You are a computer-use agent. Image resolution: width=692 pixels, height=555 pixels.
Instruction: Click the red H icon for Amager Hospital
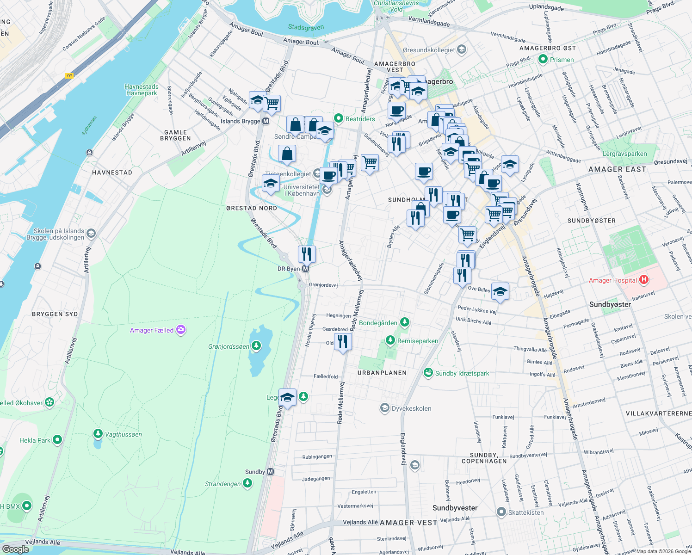(x=643, y=280)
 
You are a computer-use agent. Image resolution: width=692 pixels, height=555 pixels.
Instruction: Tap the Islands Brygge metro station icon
(x=266, y=121)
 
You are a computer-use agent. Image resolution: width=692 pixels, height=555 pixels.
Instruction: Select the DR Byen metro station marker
(x=305, y=269)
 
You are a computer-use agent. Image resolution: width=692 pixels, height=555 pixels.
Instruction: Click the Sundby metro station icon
(x=271, y=472)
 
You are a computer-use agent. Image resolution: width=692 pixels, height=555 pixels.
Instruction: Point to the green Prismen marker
(x=543, y=59)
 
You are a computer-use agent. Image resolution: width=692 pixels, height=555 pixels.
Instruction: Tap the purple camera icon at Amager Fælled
(x=181, y=330)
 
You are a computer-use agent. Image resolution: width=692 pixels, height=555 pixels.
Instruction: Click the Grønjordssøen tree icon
(x=256, y=346)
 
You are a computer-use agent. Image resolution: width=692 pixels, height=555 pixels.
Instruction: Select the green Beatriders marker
(x=339, y=118)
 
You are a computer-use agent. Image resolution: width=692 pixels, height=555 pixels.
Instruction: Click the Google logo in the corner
(x=15, y=549)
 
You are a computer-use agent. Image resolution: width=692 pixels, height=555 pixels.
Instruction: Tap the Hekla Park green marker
(x=57, y=440)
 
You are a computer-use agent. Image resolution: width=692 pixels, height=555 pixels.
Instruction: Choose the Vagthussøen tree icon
(x=98, y=434)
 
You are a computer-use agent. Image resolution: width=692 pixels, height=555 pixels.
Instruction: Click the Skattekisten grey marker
(x=501, y=512)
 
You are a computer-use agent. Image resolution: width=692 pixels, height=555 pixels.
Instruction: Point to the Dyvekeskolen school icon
(x=384, y=408)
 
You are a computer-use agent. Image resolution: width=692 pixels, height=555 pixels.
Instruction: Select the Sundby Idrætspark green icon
(x=428, y=373)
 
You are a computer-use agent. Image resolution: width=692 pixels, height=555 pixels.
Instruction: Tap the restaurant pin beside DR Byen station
(x=307, y=254)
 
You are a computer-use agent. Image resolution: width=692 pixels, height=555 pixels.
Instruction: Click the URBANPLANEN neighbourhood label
(x=382, y=373)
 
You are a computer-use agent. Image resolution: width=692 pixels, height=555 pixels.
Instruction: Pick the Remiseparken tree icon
(x=390, y=340)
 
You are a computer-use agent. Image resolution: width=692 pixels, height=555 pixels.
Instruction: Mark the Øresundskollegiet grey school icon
(x=461, y=49)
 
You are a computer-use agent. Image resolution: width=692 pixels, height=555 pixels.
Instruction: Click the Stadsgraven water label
(x=306, y=28)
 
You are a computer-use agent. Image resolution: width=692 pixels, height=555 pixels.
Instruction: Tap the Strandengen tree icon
(x=247, y=483)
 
